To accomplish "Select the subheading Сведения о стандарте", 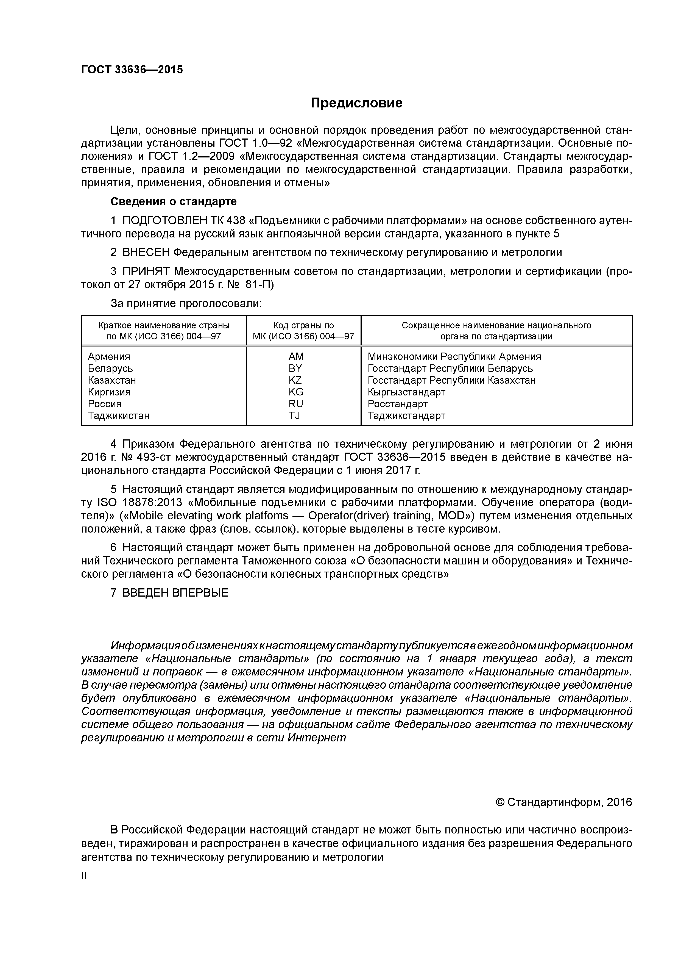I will click(x=173, y=201).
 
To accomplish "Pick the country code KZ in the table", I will click(x=295, y=380).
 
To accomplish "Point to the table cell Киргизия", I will click(x=109, y=392).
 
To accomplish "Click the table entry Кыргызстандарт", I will click(x=406, y=392).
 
